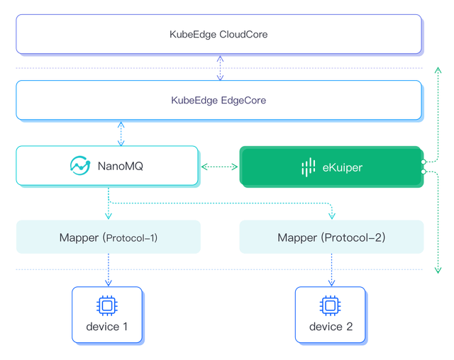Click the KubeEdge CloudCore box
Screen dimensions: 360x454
tap(219, 34)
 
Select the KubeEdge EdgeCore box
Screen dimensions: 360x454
tap(219, 100)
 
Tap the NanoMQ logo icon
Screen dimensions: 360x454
tap(79, 166)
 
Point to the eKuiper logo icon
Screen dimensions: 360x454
tap(308, 167)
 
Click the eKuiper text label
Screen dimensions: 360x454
tap(343, 167)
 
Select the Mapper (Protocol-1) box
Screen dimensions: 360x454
tap(109, 237)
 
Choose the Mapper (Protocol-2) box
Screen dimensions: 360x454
tap(331, 237)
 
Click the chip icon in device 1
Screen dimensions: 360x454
tap(106, 305)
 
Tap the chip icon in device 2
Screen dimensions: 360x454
tap(330, 305)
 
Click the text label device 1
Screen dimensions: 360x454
tap(107, 327)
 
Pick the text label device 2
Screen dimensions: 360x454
tap(331, 327)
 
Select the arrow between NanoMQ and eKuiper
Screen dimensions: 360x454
tap(219, 167)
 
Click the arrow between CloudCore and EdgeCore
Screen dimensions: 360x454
tap(221, 67)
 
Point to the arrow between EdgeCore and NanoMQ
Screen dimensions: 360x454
tap(121, 133)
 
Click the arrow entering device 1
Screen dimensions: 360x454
tap(108, 273)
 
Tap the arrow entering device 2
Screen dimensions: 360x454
tap(331, 273)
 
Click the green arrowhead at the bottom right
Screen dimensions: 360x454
tap(438, 269)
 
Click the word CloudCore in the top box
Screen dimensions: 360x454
tap(243, 34)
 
